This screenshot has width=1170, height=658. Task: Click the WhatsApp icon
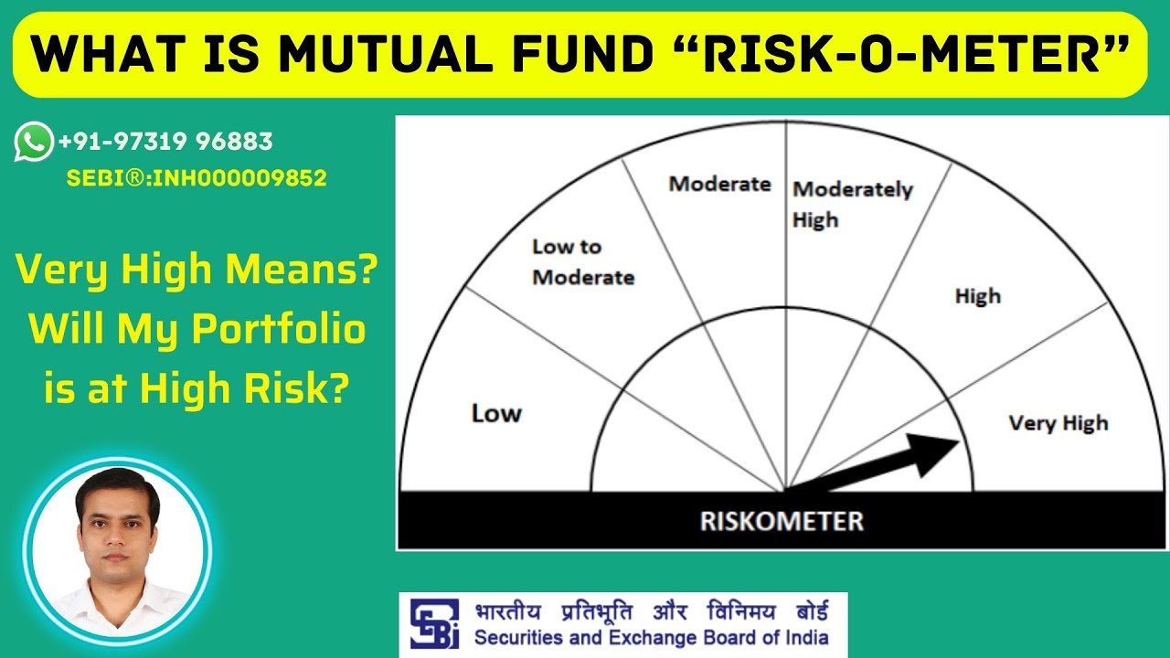pos(34,142)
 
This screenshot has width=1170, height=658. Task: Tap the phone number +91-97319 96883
pos(165,142)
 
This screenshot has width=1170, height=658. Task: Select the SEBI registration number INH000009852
pos(197,178)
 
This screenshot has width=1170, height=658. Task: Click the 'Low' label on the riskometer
pos(496,414)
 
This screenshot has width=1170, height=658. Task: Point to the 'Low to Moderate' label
pos(582,262)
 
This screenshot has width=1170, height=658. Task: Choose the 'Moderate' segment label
pos(720,184)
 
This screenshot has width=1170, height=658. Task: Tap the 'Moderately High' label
pos(852,204)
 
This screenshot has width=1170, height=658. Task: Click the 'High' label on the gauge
pos(977,296)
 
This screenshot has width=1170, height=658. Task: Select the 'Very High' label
pos(1058,423)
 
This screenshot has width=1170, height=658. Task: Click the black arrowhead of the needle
pos(937,453)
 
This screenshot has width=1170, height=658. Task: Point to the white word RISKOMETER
pos(781,522)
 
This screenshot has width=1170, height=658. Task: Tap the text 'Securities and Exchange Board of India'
pos(651,638)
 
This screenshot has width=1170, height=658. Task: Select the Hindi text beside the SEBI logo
pos(651,610)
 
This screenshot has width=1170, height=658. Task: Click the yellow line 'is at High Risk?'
pos(197,388)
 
